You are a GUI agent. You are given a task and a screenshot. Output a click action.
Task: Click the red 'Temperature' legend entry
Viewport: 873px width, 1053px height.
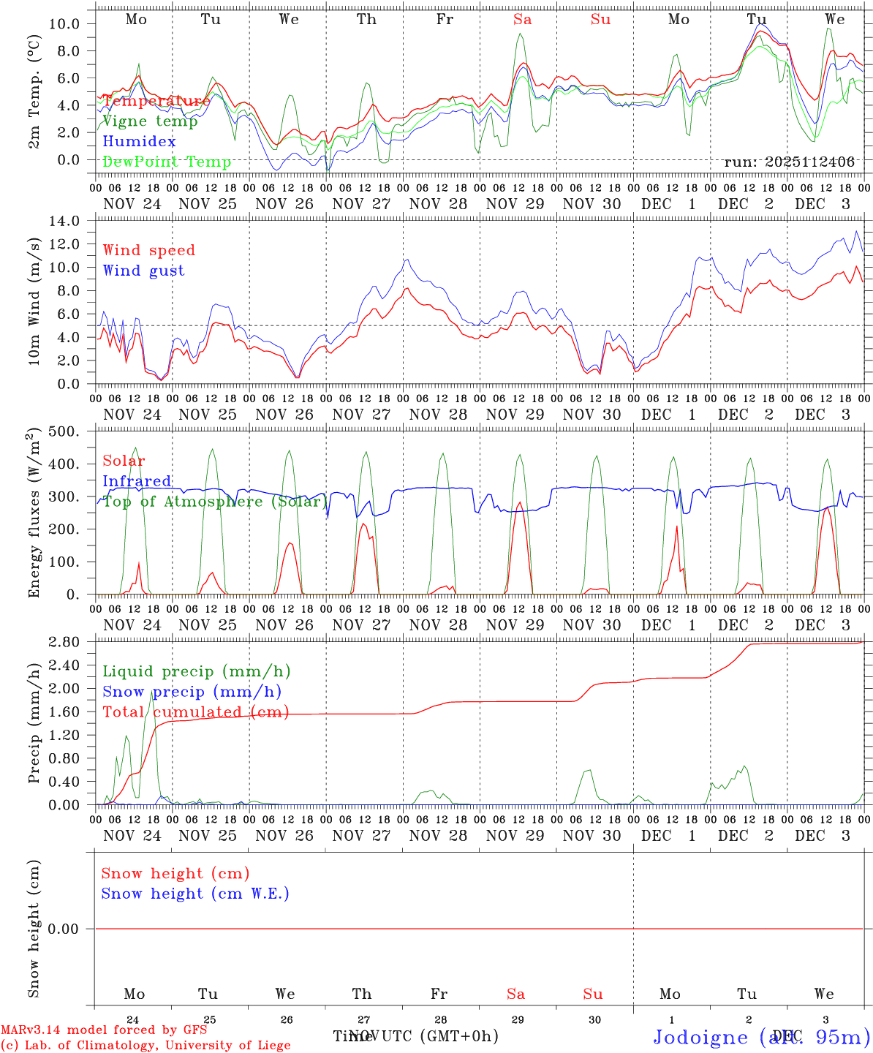(156, 101)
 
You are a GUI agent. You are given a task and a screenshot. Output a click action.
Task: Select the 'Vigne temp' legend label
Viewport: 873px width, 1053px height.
(150, 121)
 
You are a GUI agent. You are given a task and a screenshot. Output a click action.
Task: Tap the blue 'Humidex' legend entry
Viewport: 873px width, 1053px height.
(139, 141)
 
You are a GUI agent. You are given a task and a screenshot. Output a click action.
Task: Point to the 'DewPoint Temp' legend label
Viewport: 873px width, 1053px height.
(167, 162)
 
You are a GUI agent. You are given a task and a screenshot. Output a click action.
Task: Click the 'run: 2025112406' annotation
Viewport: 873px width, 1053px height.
(789, 162)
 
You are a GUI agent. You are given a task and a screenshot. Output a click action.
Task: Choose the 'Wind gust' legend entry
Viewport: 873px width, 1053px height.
(143, 271)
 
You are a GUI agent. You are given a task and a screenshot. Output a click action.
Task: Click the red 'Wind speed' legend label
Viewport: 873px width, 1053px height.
(149, 250)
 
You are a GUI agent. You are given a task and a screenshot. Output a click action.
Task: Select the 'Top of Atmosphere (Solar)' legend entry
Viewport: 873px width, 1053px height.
(214, 502)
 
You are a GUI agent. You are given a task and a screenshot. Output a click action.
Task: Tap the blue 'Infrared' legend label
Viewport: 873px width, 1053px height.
(137, 481)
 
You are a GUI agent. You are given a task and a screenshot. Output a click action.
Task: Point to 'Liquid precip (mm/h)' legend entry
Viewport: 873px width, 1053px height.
(197, 671)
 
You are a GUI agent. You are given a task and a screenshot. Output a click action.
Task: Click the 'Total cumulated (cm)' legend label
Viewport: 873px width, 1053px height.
(196, 712)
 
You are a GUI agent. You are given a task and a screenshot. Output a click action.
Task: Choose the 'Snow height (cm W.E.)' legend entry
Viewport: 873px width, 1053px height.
(195, 894)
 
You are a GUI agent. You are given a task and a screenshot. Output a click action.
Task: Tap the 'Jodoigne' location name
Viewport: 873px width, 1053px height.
(700, 1037)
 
